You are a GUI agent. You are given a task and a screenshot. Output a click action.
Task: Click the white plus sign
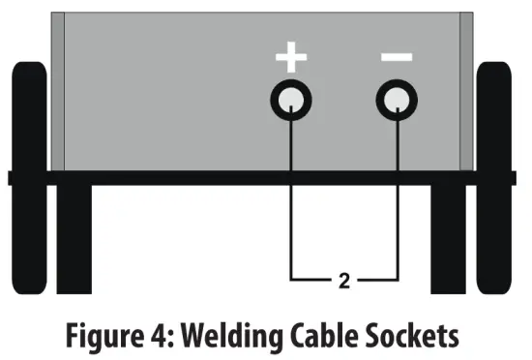click(x=291, y=56)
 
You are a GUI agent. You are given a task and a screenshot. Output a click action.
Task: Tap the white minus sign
click(x=396, y=56)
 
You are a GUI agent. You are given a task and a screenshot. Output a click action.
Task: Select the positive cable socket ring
click(x=291, y=100)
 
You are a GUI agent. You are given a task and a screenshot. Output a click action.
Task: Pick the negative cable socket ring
click(x=396, y=100)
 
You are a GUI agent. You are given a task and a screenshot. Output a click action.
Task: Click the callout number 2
click(x=343, y=282)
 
